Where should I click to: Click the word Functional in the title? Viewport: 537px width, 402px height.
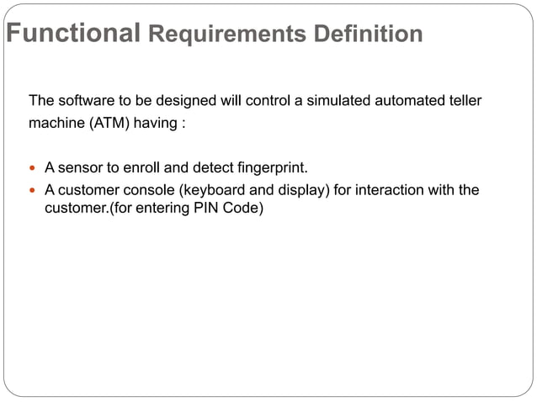pyautogui.click(x=72, y=34)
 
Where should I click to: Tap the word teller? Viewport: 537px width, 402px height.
pyautogui.click(x=461, y=102)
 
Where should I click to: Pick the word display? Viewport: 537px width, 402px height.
pyautogui.click(x=300, y=190)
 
